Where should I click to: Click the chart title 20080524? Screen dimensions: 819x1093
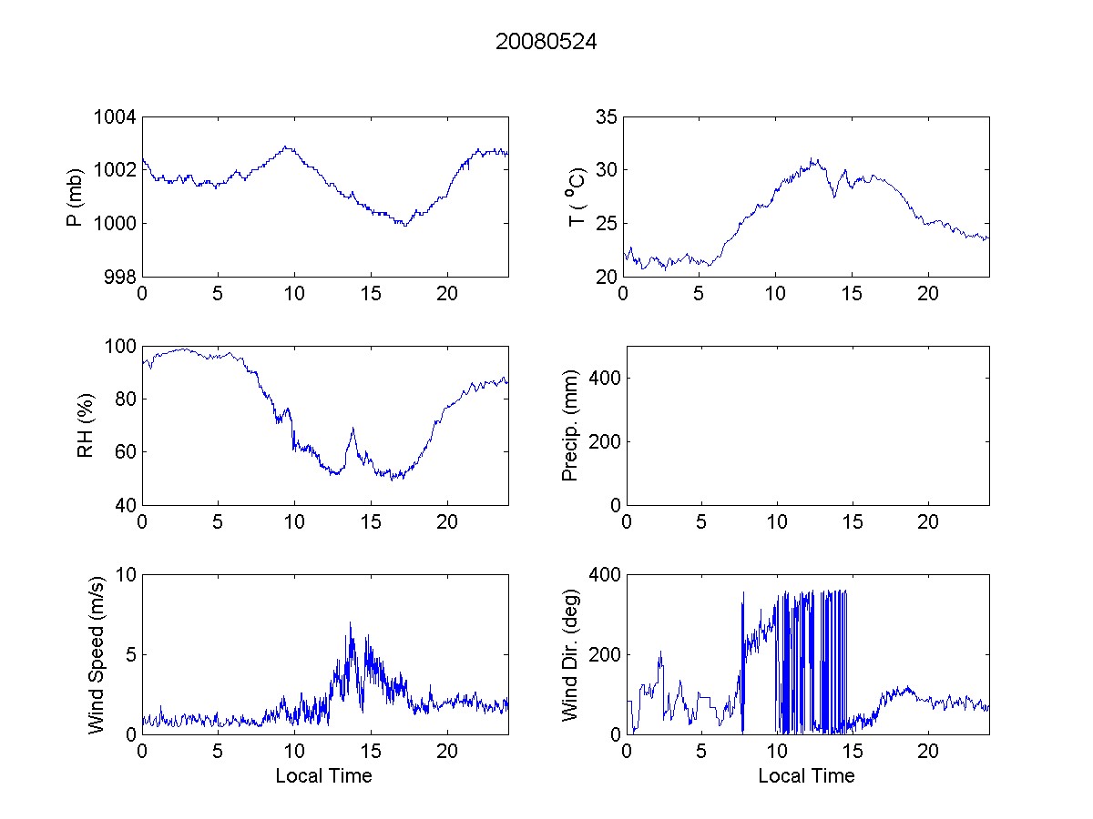546,42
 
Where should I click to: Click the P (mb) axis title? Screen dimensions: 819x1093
77,197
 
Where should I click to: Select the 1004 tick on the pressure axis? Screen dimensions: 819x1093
117,117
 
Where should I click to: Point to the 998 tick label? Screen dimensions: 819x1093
121,277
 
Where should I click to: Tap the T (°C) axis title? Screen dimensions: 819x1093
576,197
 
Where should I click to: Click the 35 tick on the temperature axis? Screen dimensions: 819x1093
607,117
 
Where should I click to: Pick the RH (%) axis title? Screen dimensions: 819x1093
86,425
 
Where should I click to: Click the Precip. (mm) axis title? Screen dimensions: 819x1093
571,425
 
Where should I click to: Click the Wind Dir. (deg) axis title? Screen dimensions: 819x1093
571,654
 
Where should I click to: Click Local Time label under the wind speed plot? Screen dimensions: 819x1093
323,775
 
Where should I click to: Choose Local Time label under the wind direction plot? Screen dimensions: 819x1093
806,775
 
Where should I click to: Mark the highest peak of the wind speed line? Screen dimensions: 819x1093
350,622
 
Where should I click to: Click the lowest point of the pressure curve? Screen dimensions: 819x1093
403,225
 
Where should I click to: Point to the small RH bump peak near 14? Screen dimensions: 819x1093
352,428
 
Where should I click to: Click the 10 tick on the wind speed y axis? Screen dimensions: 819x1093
126,575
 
